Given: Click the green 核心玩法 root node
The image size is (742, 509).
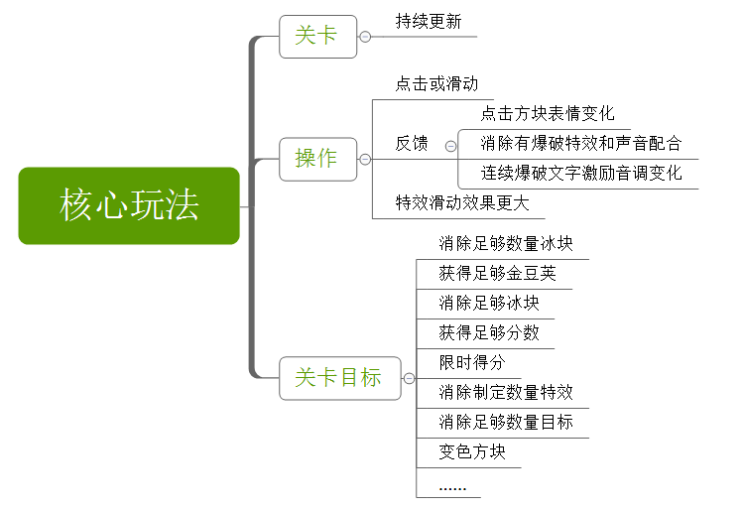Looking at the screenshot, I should coord(129,205).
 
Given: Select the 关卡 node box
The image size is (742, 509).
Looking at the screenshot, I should coord(317,37).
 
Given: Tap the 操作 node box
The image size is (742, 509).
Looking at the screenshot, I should coord(317,158).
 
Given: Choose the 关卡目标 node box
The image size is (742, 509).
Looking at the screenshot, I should coord(339,378).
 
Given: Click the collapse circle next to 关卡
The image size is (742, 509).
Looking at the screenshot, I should coord(365,37).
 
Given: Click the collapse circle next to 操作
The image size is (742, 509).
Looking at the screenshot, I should coord(365,159).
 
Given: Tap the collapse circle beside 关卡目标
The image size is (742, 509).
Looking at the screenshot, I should coord(409,378).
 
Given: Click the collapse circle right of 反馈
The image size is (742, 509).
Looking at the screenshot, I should coord(450,145).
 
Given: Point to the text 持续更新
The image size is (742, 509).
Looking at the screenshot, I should coord(429,22).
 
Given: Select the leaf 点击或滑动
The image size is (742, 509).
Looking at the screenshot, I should coord(436,84).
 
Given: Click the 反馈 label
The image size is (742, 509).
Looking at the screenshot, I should coord(412,144).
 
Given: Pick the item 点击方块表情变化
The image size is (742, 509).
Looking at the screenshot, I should coord(548,114).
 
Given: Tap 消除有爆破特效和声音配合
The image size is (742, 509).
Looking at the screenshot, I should coord(581,144).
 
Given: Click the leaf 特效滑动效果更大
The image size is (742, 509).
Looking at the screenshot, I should coord(463,203).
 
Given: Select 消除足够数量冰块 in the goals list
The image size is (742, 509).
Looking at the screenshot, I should coord(506,244).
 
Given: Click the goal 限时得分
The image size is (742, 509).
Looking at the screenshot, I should coord(472,363).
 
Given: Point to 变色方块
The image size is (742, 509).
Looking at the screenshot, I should coord(472,452).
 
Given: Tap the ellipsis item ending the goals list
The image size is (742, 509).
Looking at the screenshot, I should coord(452,485).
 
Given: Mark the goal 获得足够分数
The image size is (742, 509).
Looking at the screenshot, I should coord(489,333).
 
